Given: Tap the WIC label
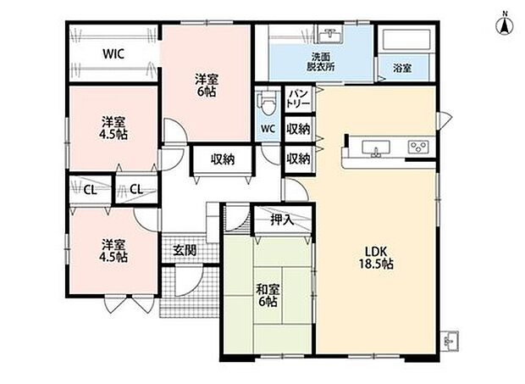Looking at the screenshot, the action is (x=113, y=54).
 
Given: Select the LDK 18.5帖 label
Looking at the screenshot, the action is (x=376, y=258).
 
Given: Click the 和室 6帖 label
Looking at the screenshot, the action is (x=268, y=295).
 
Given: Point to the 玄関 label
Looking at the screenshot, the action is (x=185, y=250).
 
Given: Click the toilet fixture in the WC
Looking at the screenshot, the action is (x=268, y=103).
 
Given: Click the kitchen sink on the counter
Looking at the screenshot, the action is (x=376, y=148).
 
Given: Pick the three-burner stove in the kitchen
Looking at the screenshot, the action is (x=418, y=147).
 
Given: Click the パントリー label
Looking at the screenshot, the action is (x=298, y=99).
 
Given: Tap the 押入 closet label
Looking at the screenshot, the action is (x=282, y=220).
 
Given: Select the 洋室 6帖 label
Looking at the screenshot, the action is (x=206, y=86).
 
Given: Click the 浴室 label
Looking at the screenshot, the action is (x=402, y=69).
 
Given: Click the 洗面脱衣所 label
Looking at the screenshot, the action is (x=321, y=62).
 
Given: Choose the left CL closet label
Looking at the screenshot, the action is (x=90, y=191).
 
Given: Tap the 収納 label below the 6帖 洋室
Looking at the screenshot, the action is (x=223, y=159).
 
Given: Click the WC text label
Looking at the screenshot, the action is (x=268, y=129).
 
